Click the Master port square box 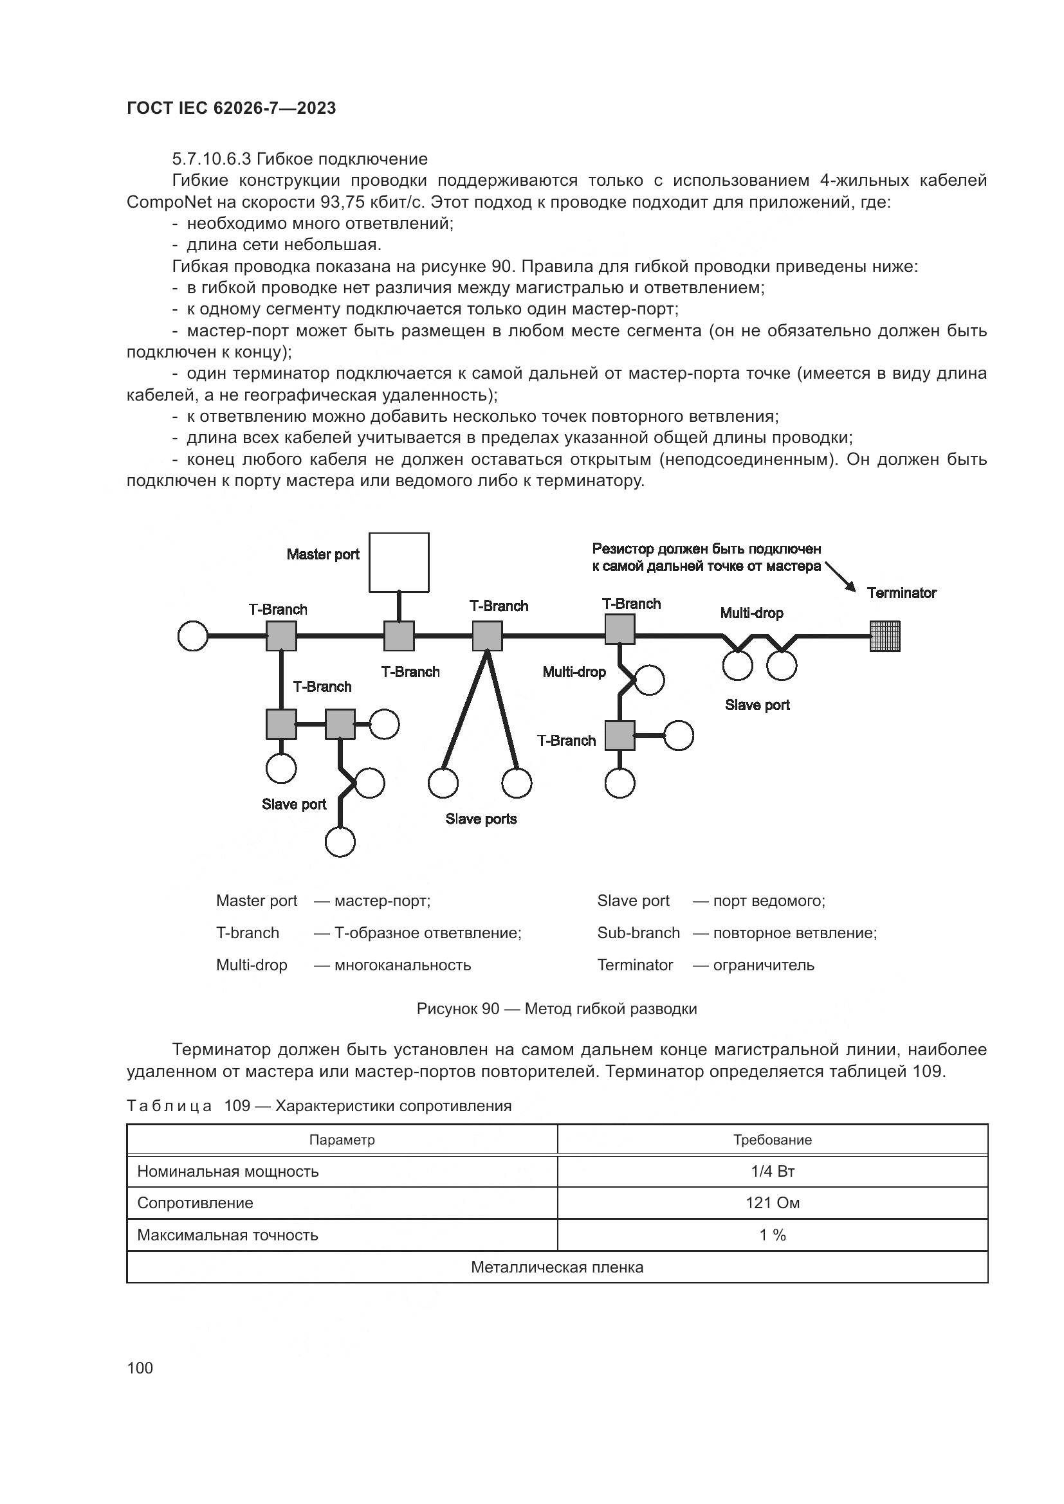(x=398, y=562)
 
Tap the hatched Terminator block (x=885, y=636)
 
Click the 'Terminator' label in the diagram (x=901, y=593)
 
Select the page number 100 (x=140, y=1368)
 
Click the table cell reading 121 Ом (x=773, y=1203)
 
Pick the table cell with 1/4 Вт (x=773, y=1171)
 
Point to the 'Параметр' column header (x=342, y=1140)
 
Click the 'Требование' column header (x=773, y=1140)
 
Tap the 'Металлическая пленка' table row (x=557, y=1267)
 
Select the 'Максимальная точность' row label (x=227, y=1235)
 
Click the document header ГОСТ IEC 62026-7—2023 (x=232, y=108)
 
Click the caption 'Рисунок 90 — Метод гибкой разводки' (x=557, y=1009)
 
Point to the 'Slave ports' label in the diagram (x=481, y=819)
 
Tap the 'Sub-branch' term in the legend (x=638, y=933)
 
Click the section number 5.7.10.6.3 (x=213, y=159)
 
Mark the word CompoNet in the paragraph (x=169, y=203)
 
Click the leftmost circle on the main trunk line (x=193, y=636)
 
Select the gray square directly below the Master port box (x=398, y=636)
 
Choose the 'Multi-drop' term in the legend (x=252, y=965)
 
